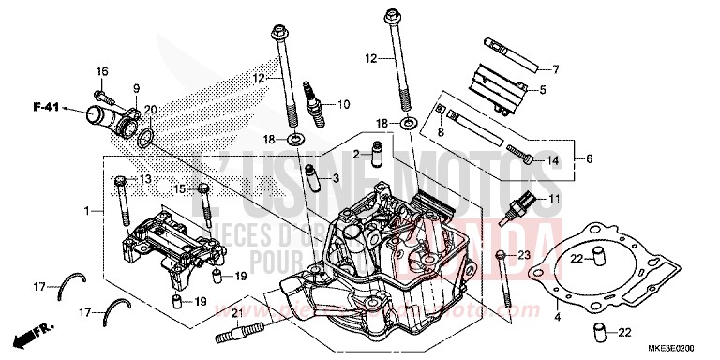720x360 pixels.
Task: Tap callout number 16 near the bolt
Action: (x=102, y=72)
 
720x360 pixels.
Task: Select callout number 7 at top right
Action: (x=555, y=69)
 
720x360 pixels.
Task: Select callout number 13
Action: (x=145, y=179)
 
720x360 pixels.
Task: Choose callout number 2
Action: (x=357, y=154)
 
